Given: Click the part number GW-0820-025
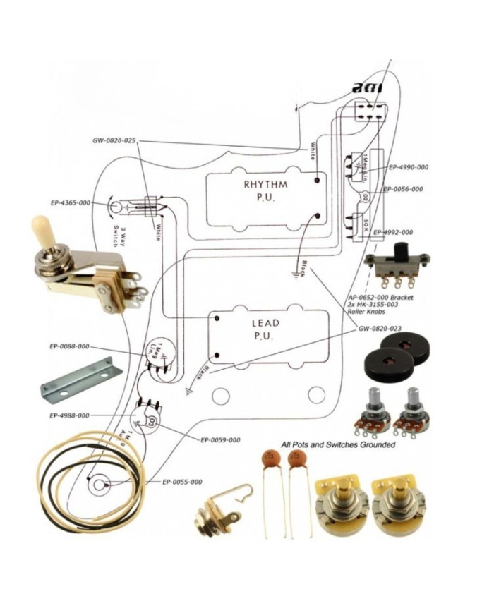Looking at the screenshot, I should click(x=114, y=140).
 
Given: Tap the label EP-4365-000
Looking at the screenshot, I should click(x=70, y=203).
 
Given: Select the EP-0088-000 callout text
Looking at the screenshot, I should click(x=70, y=347).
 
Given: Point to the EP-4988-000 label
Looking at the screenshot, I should click(x=69, y=415).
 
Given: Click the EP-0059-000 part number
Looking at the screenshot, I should click(x=220, y=440).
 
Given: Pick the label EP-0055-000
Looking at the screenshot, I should click(x=182, y=482).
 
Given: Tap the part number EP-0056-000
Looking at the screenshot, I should click(x=403, y=189).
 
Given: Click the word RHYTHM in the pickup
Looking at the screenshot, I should click(x=265, y=185).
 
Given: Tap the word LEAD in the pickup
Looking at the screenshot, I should click(x=265, y=323).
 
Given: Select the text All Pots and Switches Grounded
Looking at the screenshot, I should click(x=338, y=445).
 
